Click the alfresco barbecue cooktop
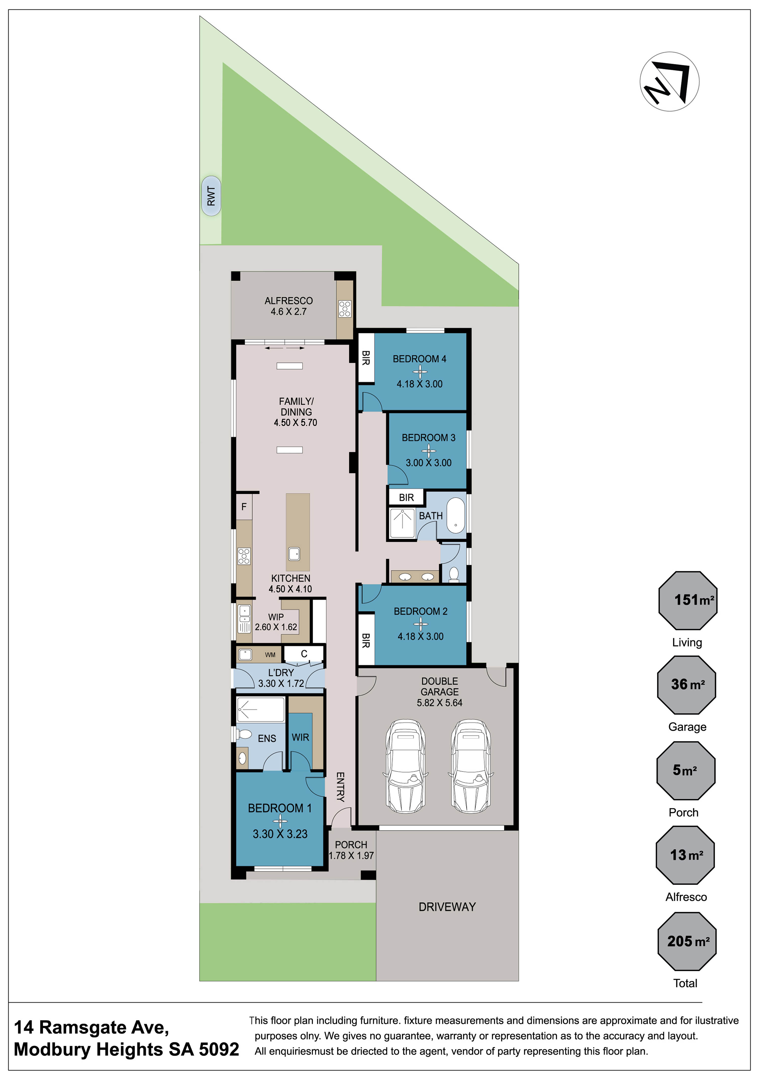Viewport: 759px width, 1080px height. click(x=345, y=309)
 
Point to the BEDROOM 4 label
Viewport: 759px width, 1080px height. click(x=419, y=359)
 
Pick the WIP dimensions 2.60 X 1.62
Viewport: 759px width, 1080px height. click(x=276, y=627)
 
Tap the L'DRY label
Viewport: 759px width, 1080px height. click(x=281, y=673)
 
